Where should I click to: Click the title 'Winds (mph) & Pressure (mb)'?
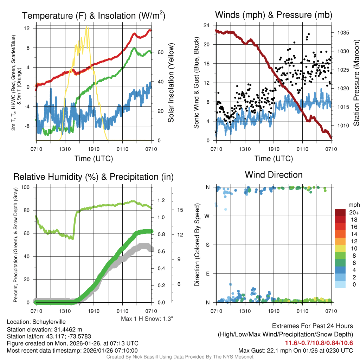click(x=274, y=15)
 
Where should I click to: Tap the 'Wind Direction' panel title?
click(x=274, y=175)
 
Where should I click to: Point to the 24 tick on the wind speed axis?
click(x=207, y=25)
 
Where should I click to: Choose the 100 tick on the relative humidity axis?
click(x=27, y=187)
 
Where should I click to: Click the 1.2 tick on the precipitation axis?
click(x=161, y=200)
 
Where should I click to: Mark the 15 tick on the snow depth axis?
click(x=180, y=210)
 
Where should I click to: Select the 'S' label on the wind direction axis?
click(x=208, y=245)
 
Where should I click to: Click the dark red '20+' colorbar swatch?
click(x=341, y=212)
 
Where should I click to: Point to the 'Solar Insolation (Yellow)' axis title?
click(x=171, y=83)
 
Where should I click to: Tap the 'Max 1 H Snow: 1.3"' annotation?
click(x=147, y=319)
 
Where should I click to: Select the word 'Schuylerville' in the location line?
click(x=49, y=322)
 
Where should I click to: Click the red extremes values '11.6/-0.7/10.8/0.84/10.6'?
click(x=319, y=343)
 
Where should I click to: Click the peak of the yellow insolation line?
click(x=87, y=27)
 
